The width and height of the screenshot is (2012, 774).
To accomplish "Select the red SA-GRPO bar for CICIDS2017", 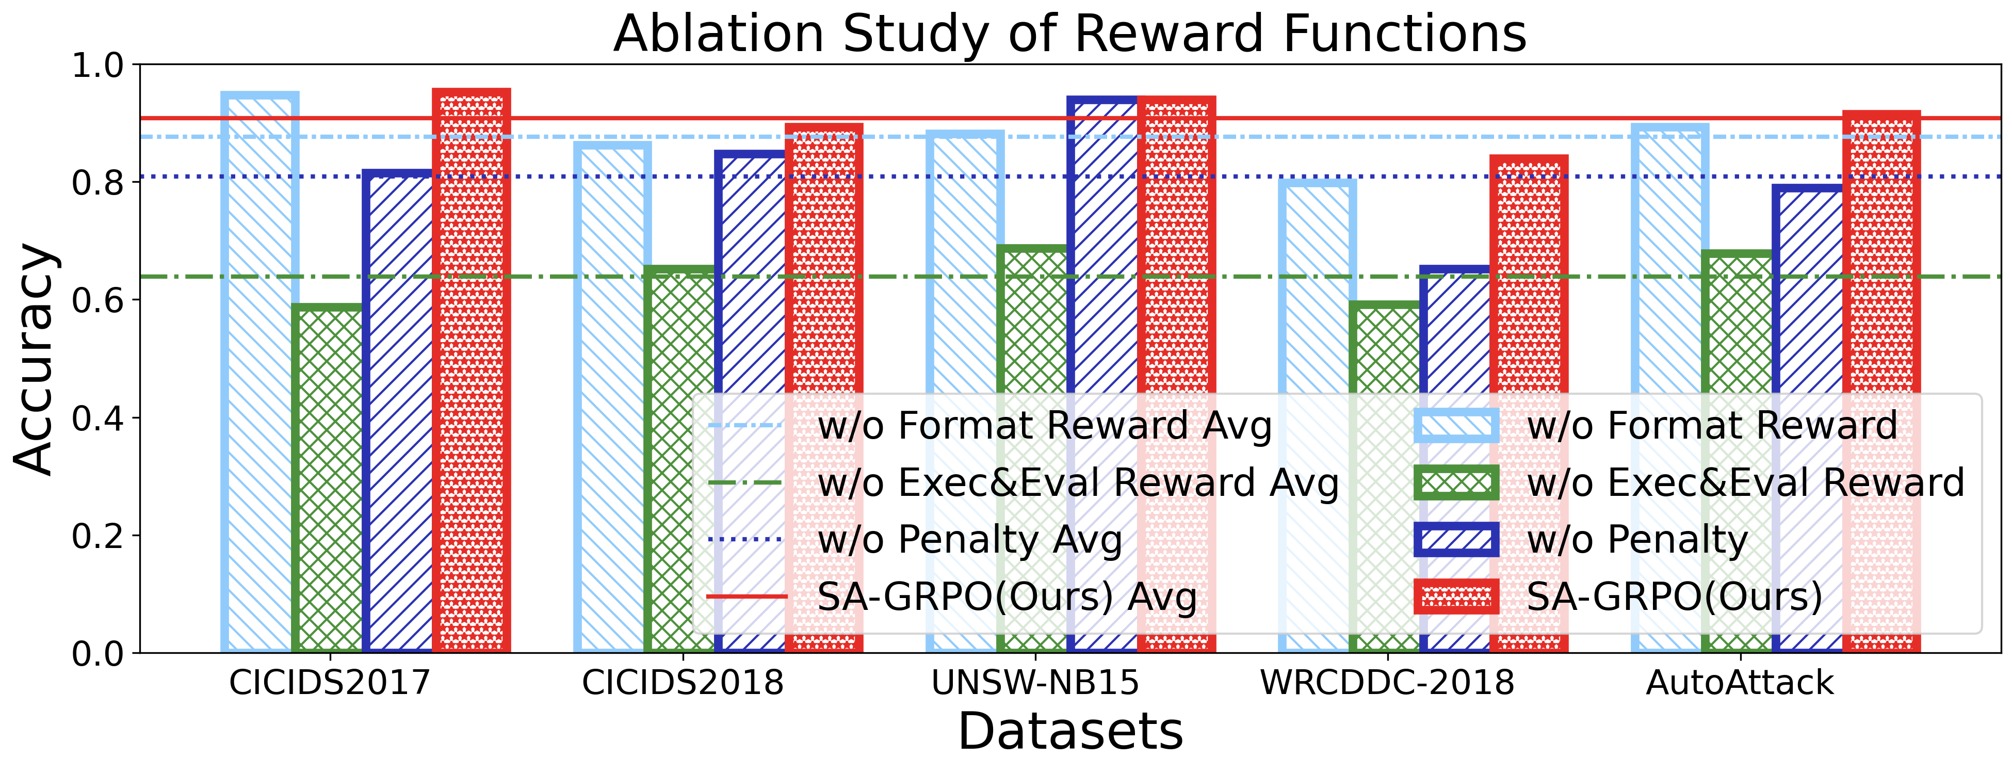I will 471,375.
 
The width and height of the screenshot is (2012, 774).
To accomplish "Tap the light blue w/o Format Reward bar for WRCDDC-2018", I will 1316,312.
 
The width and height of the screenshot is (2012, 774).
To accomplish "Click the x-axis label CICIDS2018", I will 682,683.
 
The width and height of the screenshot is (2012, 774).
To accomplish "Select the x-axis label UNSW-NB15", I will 1035,683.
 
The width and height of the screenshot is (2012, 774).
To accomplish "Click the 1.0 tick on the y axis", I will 98,65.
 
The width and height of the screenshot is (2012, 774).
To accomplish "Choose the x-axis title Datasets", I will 1069,732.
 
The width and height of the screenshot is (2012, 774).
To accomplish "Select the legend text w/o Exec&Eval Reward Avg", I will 1078,482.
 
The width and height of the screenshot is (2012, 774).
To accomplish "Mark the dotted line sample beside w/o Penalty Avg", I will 746,540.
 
